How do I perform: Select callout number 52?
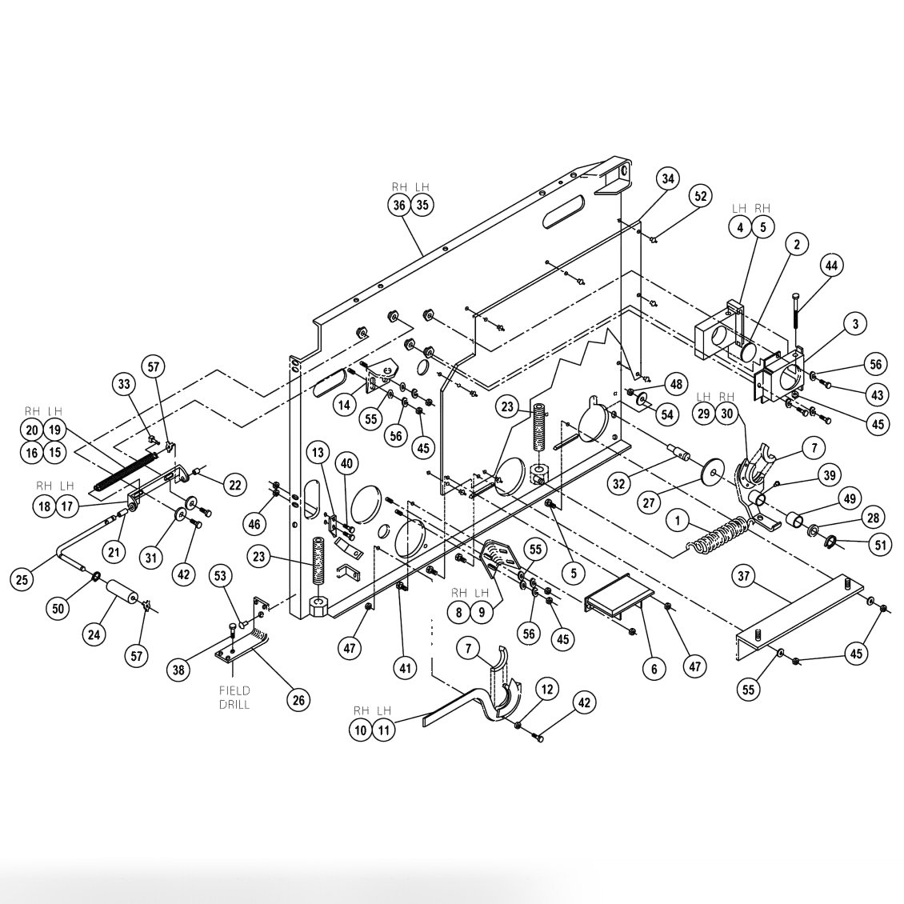coord(700,196)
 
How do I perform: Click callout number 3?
coord(854,324)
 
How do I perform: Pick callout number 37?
coord(745,577)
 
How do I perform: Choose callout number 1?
coord(678,521)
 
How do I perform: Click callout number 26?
coord(298,700)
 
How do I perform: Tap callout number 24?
coord(94,635)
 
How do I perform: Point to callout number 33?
coord(124,385)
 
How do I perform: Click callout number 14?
coord(343,405)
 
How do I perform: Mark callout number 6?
coord(654,668)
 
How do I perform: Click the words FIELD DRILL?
coord(234,697)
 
